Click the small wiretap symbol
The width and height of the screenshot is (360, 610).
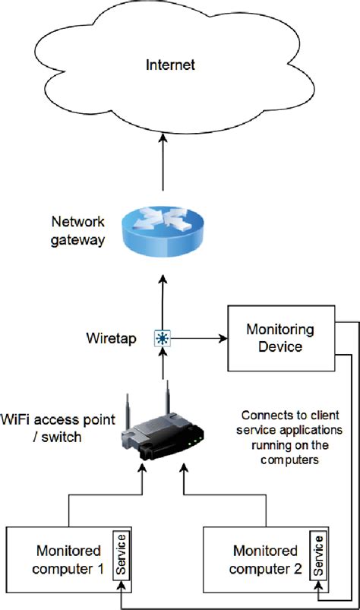point(162,338)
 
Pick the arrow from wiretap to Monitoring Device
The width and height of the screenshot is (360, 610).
point(197,338)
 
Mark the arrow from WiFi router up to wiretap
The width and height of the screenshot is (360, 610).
point(162,366)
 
